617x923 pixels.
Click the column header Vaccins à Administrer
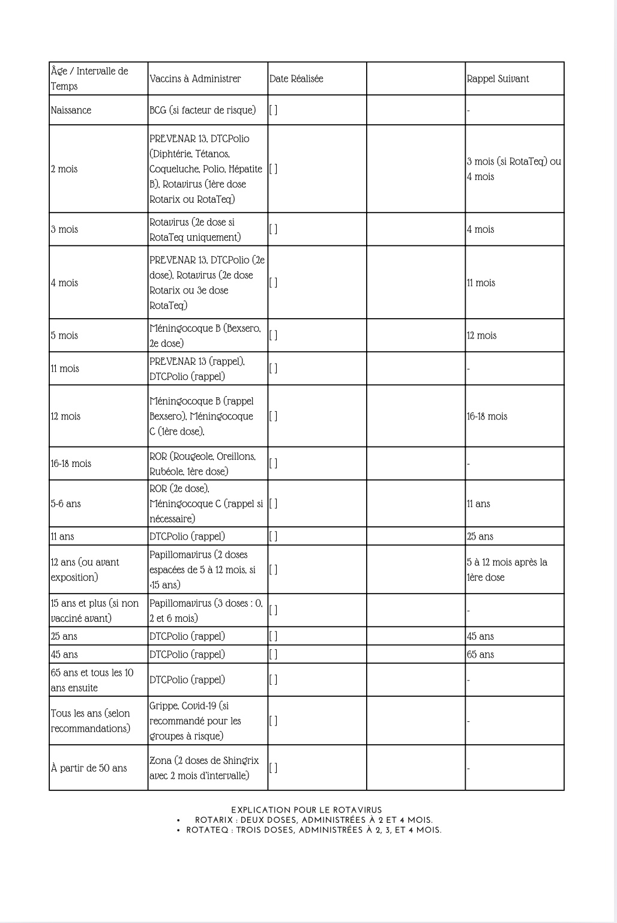(x=195, y=79)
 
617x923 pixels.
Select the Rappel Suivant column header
(x=498, y=79)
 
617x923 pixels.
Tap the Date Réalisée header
(x=296, y=79)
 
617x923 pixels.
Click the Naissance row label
(x=71, y=110)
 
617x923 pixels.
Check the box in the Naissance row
(x=273, y=110)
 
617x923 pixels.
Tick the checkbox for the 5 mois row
(x=273, y=335)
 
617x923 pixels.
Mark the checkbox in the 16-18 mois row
(x=273, y=463)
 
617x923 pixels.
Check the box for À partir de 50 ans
(x=273, y=768)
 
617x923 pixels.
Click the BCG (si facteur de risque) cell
(x=202, y=110)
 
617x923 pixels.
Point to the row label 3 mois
(x=64, y=229)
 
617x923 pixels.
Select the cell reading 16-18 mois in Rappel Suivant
(x=487, y=416)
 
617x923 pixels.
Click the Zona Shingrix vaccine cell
(x=204, y=768)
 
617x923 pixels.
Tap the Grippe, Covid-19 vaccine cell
(x=195, y=721)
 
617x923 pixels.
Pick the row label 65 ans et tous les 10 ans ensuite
(x=92, y=680)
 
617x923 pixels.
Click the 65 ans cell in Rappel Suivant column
(x=480, y=654)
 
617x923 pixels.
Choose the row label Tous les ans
(x=90, y=721)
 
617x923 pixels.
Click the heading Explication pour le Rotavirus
(x=306, y=810)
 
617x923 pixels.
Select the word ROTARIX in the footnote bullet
(x=214, y=820)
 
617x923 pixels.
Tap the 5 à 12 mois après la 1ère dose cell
(x=507, y=570)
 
